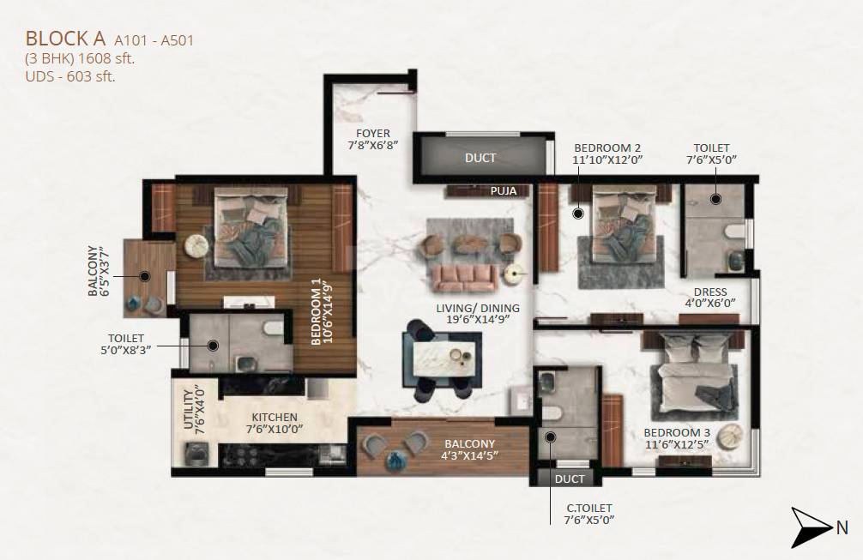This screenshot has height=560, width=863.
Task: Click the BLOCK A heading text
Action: click(65, 39)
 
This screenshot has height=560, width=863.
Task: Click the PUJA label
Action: click(504, 191)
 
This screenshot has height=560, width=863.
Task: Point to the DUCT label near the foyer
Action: click(480, 158)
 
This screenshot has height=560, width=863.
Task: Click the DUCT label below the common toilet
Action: click(569, 479)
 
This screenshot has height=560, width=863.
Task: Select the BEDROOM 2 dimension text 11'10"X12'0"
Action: click(607, 160)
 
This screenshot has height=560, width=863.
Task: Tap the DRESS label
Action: click(710, 292)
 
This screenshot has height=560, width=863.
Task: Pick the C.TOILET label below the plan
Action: click(588, 508)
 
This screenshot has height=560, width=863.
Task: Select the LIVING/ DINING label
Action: click(476, 309)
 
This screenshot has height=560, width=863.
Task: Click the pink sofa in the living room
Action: click(464, 275)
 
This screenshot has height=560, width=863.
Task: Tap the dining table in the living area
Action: click(443, 355)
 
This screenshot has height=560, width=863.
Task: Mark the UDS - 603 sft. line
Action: click(70, 76)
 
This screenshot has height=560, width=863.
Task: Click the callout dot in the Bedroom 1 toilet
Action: click(213, 346)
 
